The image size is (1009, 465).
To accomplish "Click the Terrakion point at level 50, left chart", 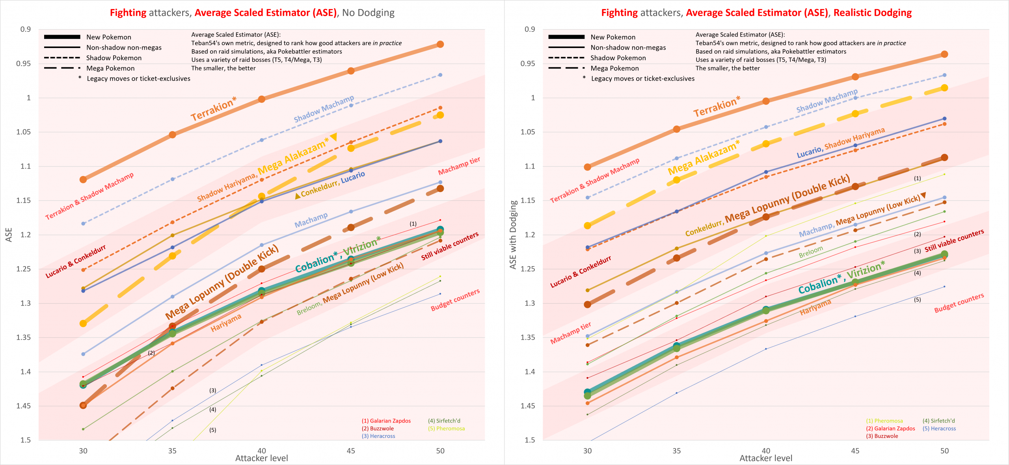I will [440, 44].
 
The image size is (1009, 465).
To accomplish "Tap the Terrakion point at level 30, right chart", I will [587, 167].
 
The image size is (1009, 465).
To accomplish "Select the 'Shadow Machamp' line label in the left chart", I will [324, 109].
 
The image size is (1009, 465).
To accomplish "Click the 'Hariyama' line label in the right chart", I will [815, 307].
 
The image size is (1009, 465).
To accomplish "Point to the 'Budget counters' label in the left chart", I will [455, 300].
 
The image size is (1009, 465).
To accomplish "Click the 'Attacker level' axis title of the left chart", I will [262, 458].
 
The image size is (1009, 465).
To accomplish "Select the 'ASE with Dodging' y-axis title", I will [513, 235].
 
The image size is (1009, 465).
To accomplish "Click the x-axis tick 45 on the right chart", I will [855, 451].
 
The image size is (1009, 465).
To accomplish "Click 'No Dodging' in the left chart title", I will [368, 13].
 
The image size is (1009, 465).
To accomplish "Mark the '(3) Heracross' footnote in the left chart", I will [378, 436].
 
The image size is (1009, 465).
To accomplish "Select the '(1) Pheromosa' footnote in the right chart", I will [884, 421].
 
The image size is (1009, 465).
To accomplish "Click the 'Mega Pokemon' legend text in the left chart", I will [110, 68].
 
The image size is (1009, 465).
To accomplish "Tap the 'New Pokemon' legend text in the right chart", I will [613, 37].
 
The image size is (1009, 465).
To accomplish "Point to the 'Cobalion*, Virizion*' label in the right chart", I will [841, 278].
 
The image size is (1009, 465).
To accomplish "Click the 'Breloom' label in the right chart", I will [811, 252].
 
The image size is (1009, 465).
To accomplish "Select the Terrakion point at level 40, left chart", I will [262, 99].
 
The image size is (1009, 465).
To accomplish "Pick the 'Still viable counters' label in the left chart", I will [450, 246].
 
